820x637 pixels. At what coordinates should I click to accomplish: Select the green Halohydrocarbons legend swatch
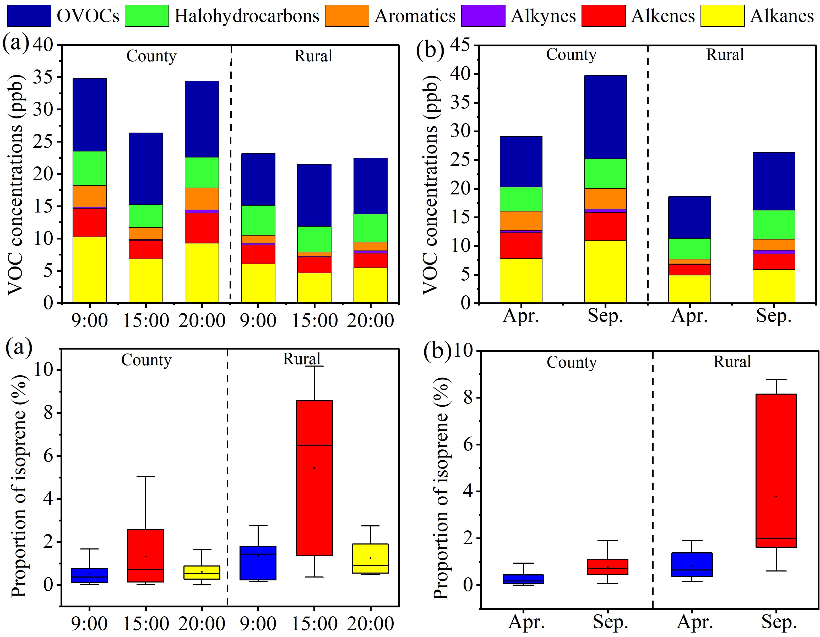pyautogui.click(x=147, y=16)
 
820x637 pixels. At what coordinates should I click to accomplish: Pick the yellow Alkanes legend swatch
pyautogui.click(x=722, y=16)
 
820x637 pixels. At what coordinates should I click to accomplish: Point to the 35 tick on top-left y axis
pyautogui.click(x=43, y=77)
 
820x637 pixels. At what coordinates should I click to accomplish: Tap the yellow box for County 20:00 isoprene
pyautogui.click(x=202, y=573)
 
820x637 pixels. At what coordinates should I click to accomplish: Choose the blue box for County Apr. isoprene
pyautogui.click(x=523, y=579)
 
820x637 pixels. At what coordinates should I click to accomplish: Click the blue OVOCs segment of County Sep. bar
pyautogui.click(x=605, y=117)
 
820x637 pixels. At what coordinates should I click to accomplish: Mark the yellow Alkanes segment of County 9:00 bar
pyautogui.click(x=89, y=270)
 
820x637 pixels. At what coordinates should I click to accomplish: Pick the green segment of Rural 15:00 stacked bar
pyautogui.click(x=314, y=239)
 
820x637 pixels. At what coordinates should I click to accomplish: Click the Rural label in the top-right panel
pyautogui.click(x=725, y=55)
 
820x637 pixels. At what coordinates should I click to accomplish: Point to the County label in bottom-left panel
pyautogui.click(x=146, y=360)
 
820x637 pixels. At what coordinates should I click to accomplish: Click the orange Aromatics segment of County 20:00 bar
pyautogui.click(x=202, y=199)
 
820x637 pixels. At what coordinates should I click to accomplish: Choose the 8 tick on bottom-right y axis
pyautogui.click(x=469, y=398)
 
